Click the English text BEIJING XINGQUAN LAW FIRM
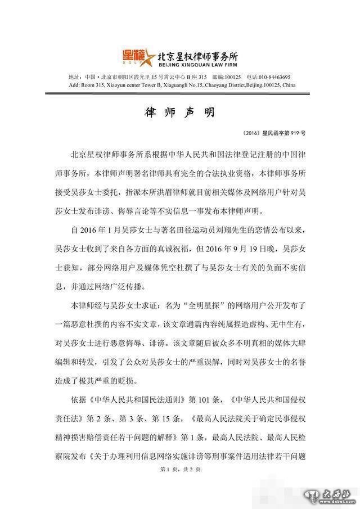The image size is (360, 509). [x=197, y=64]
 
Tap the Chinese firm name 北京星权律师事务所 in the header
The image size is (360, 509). [x=197, y=55]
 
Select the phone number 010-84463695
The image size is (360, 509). [x=272, y=77]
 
